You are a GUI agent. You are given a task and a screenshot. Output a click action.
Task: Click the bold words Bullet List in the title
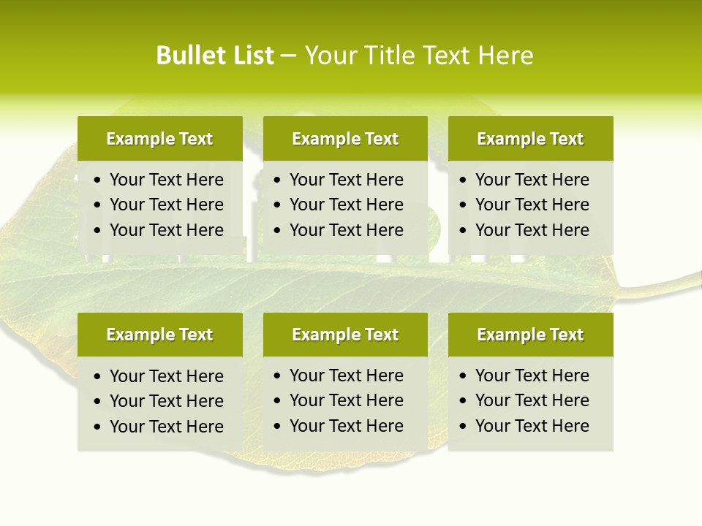click(215, 56)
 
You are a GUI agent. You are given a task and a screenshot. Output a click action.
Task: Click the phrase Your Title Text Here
click(418, 56)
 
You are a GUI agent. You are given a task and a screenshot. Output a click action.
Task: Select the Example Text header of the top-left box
click(159, 139)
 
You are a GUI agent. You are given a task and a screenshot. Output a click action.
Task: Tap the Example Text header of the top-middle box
click(345, 139)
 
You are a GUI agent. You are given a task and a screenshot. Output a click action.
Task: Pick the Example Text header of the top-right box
click(530, 139)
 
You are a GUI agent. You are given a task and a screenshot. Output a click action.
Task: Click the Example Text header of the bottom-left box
click(159, 335)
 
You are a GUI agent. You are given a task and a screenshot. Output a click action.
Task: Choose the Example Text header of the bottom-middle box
click(345, 335)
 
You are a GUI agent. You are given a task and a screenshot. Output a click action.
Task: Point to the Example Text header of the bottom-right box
click(530, 335)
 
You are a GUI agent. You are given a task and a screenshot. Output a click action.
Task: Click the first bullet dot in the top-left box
click(98, 180)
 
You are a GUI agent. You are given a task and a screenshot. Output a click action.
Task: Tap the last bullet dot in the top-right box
click(463, 231)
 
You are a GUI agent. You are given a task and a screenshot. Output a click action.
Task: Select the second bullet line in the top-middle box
click(346, 205)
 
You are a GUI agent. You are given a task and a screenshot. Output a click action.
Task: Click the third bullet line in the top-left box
click(166, 230)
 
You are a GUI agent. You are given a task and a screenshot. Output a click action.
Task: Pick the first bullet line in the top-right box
click(532, 180)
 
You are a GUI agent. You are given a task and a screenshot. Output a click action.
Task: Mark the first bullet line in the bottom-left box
click(166, 376)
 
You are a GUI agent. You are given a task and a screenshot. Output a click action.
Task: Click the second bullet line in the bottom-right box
click(532, 400)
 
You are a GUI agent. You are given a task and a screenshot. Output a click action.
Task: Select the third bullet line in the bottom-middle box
click(346, 426)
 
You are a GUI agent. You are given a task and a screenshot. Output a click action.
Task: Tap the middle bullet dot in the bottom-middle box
click(278, 401)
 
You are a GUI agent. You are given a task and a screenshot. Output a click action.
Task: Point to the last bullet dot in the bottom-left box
click(98, 427)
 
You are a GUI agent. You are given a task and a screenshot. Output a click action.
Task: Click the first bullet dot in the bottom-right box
click(463, 376)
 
